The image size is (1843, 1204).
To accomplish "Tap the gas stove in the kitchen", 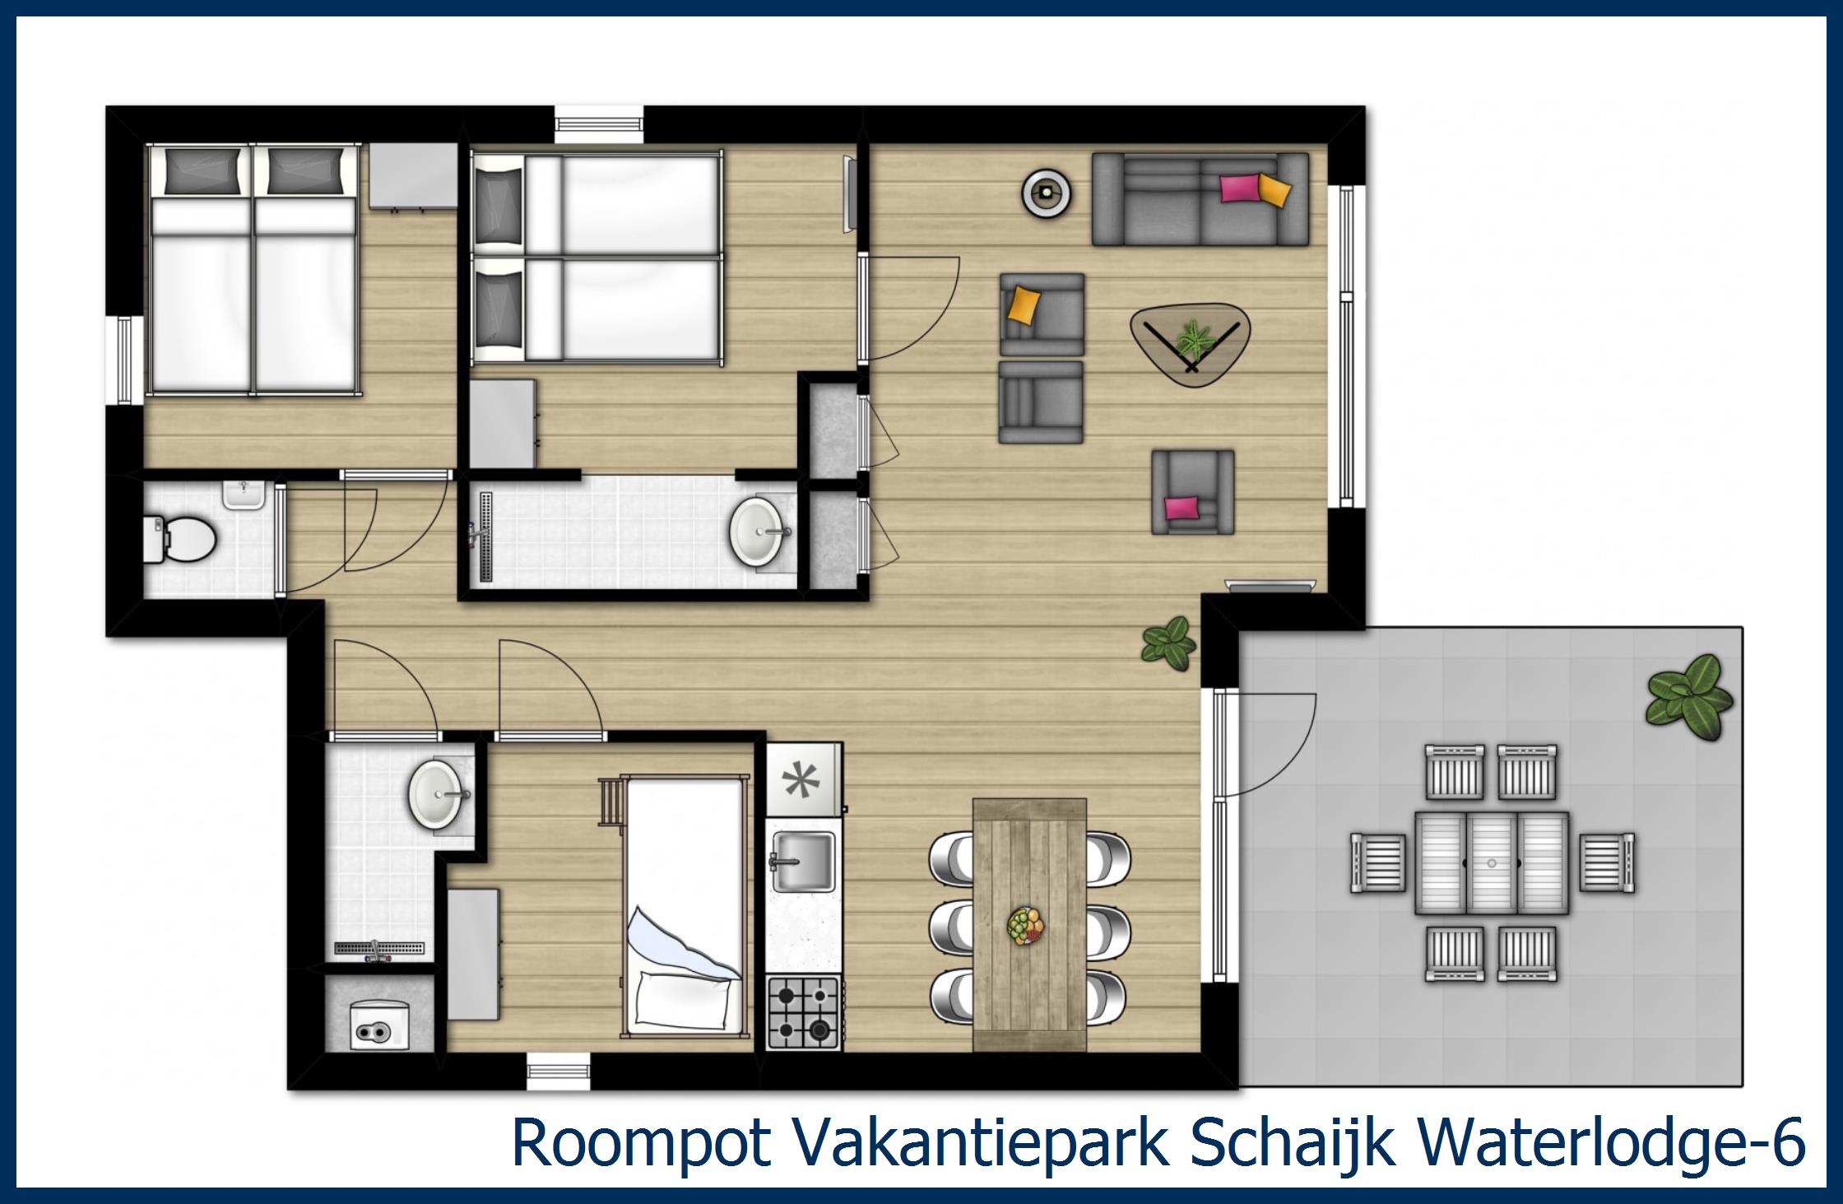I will tap(802, 1012).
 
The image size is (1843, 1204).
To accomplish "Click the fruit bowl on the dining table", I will tap(1026, 925).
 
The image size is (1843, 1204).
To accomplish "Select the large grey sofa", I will tap(1200, 200).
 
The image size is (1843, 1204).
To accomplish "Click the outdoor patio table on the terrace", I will tap(1492, 862).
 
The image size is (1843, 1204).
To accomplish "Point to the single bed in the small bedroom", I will tap(685, 905).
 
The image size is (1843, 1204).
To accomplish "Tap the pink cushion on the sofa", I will tap(1240, 188).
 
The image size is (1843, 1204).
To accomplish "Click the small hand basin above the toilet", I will tap(244, 496).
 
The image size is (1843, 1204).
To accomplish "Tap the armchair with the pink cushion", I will tap(1192, 491).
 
